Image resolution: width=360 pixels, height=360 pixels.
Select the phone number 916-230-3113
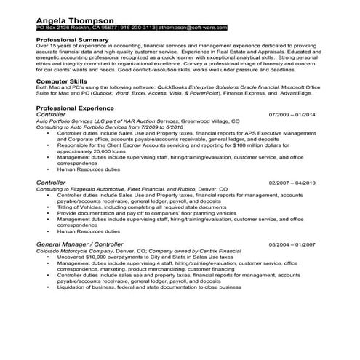coord(138,27)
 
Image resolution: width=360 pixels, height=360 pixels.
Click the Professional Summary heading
coord(73,39)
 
